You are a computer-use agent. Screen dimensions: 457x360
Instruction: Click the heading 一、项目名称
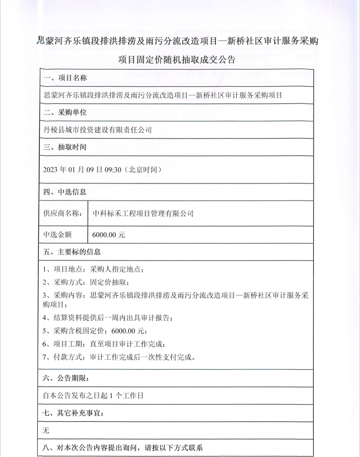click(65, 78)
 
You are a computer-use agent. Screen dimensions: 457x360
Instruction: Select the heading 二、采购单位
click(65, 112)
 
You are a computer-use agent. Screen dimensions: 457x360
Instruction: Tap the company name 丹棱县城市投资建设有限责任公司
click(98, 129)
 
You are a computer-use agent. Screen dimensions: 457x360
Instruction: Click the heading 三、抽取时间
click(65, 148)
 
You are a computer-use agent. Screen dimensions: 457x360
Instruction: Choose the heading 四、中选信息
click(65, 191)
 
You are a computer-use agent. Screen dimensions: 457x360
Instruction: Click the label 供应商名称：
click(62, 213)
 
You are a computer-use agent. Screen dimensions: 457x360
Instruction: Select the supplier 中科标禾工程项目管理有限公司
click(143, 213)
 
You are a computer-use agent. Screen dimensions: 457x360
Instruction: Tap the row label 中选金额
click(58, 234)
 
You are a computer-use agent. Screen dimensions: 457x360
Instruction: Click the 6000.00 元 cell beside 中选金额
click(108, 234)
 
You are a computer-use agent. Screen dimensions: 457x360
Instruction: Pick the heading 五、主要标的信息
click(73, 252)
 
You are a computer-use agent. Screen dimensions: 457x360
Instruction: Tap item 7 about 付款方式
click(119, 357)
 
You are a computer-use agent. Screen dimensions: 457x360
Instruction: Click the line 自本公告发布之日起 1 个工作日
click(94, 396)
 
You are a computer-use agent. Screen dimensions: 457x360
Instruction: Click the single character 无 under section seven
click(47, 431)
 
